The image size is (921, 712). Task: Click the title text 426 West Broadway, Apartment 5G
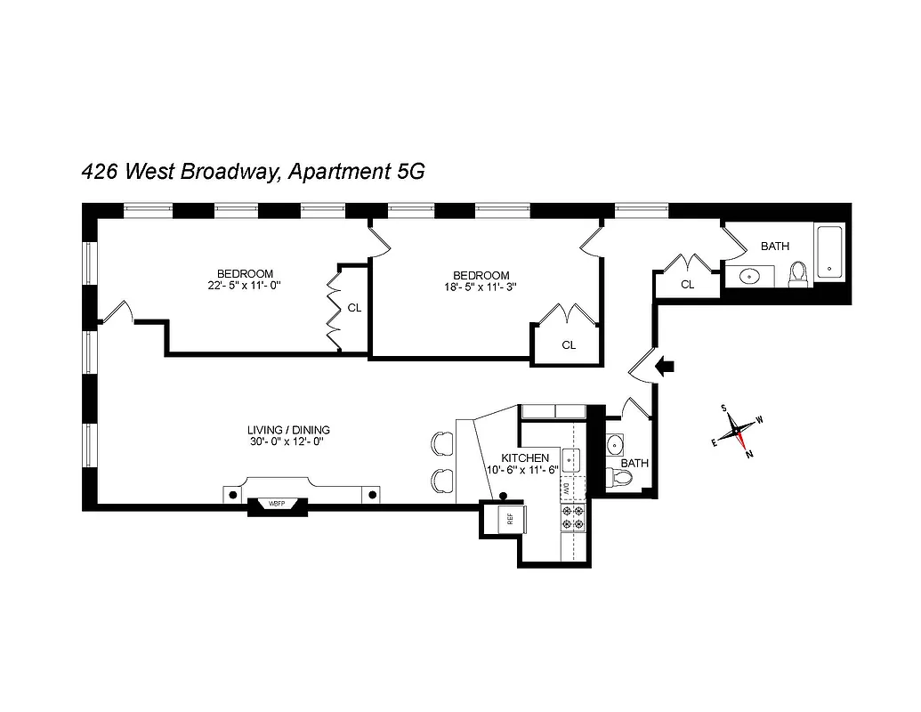(x=252, y=172)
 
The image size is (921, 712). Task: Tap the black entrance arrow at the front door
(x=665, y=365)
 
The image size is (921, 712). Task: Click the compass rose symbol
(x=738, y=433)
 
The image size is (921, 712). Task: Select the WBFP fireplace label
(x=278, y=504)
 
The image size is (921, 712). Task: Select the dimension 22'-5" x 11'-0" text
(x=245, y=286)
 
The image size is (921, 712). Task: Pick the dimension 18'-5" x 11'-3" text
(x=481, y=287)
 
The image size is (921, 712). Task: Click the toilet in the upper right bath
(x=798, y=274)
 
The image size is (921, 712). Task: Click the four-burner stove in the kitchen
(x=574, y=520)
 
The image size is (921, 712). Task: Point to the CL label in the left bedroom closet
(x=354, y=308)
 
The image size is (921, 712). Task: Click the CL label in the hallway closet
(x=687, y=285)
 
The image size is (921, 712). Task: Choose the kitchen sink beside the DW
(x=574, y=460)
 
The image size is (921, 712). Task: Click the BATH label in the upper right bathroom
(x=774, y=247)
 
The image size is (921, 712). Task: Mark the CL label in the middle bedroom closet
(x=569, y=345)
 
